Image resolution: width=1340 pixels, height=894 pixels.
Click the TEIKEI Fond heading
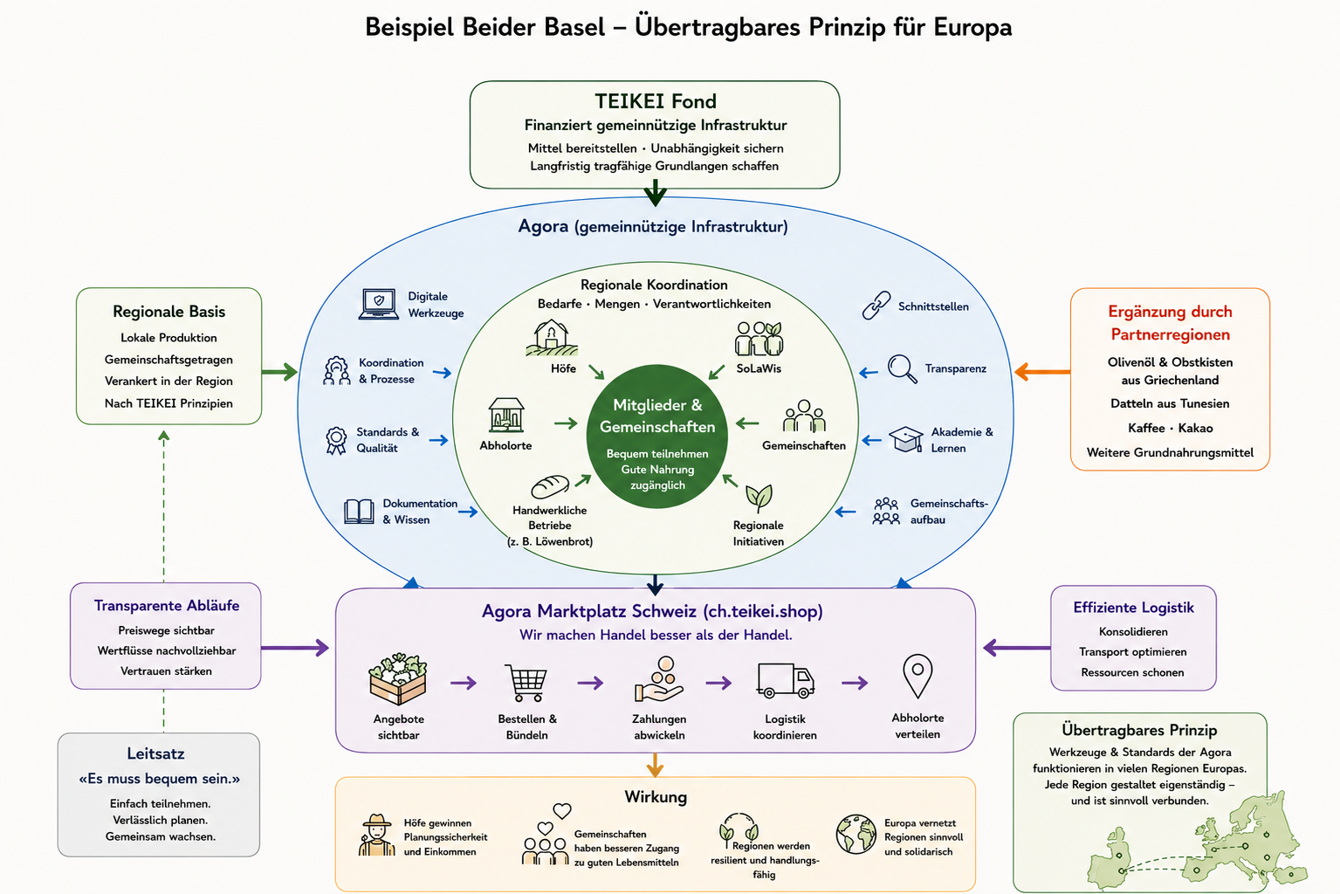point(655,101)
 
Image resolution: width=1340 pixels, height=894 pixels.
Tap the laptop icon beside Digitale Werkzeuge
point(379,304)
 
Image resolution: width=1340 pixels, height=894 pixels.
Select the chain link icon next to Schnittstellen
point(876,306)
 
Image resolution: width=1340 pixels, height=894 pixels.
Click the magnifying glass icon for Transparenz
point(902,368)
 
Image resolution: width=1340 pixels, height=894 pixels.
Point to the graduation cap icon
point(905,439)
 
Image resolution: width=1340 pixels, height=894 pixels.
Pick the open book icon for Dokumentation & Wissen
point(359,512)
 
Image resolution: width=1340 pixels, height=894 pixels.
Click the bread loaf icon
point(550,486)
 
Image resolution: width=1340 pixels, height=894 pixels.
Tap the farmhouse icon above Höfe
point(552,338)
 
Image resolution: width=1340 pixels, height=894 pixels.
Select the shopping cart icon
point(526,683)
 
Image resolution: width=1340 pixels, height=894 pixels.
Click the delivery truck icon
point(786,680)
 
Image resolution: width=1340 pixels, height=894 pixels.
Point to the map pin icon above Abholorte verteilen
point(917,677)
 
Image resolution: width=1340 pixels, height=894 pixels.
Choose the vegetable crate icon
point(398,679)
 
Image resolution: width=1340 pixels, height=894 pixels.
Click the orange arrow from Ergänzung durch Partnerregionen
point(1042,372)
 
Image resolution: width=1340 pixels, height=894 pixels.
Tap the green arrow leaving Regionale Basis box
point(279,372)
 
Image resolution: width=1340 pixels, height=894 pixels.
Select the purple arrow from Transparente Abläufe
point(295,648)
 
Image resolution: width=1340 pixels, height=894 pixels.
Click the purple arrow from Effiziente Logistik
point(1017,648)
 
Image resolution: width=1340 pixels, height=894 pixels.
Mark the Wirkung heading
point(656,797)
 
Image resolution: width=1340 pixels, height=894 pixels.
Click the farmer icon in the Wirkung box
point(377,835)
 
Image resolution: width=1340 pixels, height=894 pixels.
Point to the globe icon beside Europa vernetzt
point(856,834)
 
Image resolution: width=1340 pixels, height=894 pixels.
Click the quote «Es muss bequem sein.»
point(159,779)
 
